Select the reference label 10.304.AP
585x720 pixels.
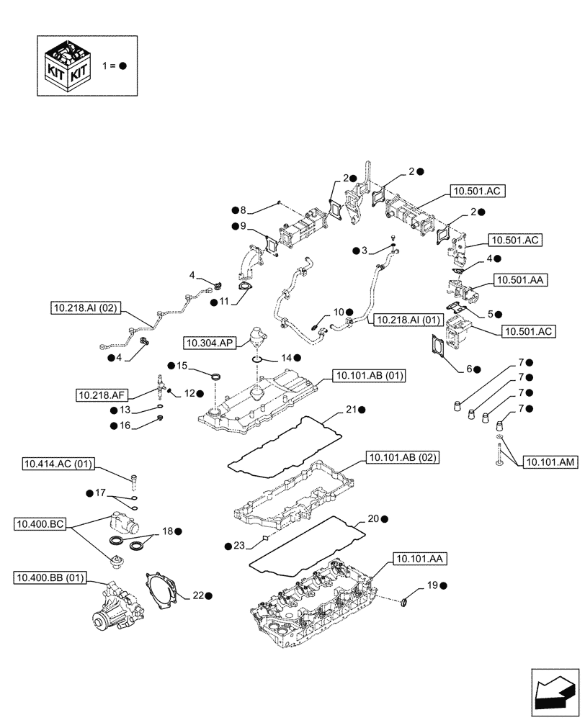[x=207, y=343]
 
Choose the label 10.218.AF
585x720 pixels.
[x=102, y=394]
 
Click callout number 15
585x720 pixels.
[x=182, y=366]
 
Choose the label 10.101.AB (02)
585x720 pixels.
[x=403, y=457]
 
